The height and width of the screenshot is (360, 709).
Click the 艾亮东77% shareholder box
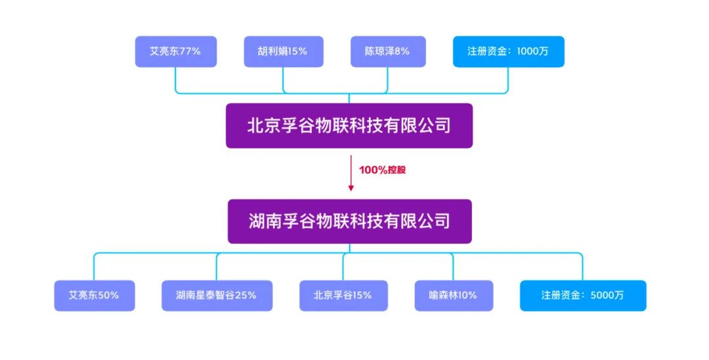[176, 51]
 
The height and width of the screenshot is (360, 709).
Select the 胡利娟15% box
[284, 51]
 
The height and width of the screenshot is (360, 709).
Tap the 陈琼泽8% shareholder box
[388, 51]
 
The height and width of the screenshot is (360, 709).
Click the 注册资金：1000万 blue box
[509, 51]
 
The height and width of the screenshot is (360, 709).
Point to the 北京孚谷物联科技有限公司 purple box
[349, 125]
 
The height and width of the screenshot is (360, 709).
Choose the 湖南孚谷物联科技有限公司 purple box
[349, 221]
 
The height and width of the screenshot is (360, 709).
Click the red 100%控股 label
[382, 170]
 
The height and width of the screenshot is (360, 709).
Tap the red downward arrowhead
[351, 188]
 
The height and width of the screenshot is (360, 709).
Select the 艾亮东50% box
[95, 296]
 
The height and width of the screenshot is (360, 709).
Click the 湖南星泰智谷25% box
[217, 296]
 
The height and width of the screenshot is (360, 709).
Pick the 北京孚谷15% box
[343, 296]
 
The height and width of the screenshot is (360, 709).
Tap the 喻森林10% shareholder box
[454, 296]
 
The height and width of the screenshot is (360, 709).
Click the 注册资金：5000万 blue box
[583, 296]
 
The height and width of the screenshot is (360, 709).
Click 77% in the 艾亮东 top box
[190, 51]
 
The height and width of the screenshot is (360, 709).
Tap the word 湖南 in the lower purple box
[265, 221]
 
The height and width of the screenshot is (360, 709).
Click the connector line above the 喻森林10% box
[453, 267]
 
